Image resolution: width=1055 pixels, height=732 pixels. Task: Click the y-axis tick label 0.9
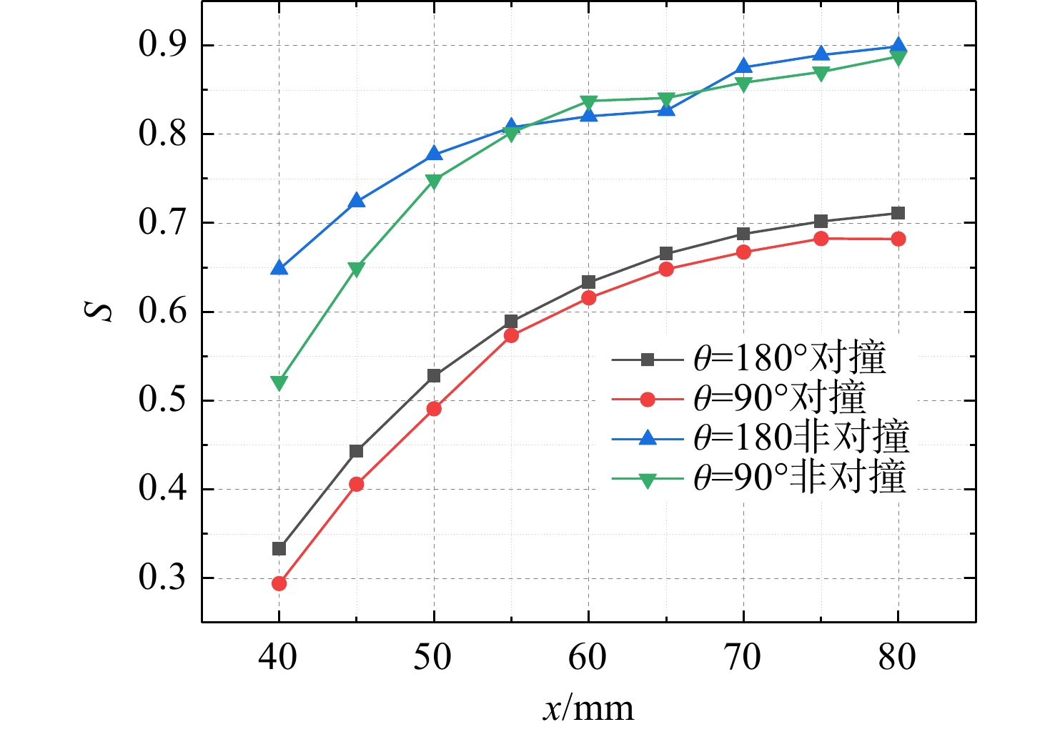click(162, 45)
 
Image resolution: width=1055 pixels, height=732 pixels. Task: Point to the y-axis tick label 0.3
click(162, 578)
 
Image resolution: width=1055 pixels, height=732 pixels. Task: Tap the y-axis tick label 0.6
click(162, 312)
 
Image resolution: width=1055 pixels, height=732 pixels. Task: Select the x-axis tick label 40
click(278, 657)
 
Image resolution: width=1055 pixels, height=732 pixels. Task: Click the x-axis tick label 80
click(897, 657)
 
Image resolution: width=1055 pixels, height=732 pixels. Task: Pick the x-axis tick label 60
click(588, 657)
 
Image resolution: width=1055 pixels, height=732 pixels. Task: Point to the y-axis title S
click(99, 312)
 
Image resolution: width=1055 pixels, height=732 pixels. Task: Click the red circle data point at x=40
click(279, 583)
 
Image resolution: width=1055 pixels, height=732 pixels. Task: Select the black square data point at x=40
click(279, 549)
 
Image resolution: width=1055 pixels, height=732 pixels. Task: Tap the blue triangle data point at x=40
click(279, 267)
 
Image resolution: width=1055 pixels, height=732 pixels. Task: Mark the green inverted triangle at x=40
click(279, 383)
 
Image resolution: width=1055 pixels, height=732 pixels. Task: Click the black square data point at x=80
click(898, 213)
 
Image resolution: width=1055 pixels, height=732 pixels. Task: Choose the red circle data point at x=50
click(435, 409)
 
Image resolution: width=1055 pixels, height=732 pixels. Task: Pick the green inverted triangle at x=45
click(357, 269)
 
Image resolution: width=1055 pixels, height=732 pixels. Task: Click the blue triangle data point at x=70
click(743, 66)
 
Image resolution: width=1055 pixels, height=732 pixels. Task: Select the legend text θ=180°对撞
click(790, 359)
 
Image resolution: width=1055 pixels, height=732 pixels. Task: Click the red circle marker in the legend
click(648, 399)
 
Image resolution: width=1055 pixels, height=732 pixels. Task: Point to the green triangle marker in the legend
click(648, 480)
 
